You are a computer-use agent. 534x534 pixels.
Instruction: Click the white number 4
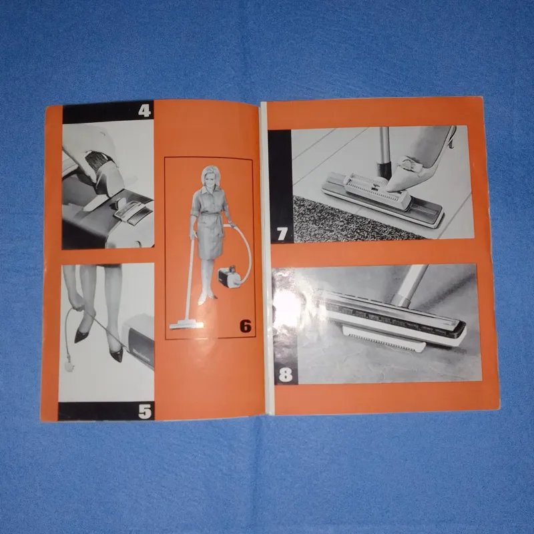pyautogui.click(x=144, y=111)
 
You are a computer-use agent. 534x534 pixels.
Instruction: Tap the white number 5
pyautogui.click(x=145, y=411)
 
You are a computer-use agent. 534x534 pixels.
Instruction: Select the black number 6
pyautogui.click(x=245, y=326)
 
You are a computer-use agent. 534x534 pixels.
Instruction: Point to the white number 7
pyautogui.click(x=282, y=234)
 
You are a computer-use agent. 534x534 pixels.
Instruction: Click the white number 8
pyautogui.click(x=286, y=374)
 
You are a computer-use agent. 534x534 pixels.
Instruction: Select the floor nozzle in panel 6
pyautogui.click(x=186, y=324)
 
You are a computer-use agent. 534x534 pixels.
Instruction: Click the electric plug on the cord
pyautogui.click(x=69, y=365)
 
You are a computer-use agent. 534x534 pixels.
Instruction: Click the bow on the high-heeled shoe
pyautogui.click(x=407, y=164)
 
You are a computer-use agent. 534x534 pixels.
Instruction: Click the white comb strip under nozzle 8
pyautogui.click(x=384, y=338)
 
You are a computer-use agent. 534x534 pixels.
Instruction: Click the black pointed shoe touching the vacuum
pyautogui.click(x=115, y=352)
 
